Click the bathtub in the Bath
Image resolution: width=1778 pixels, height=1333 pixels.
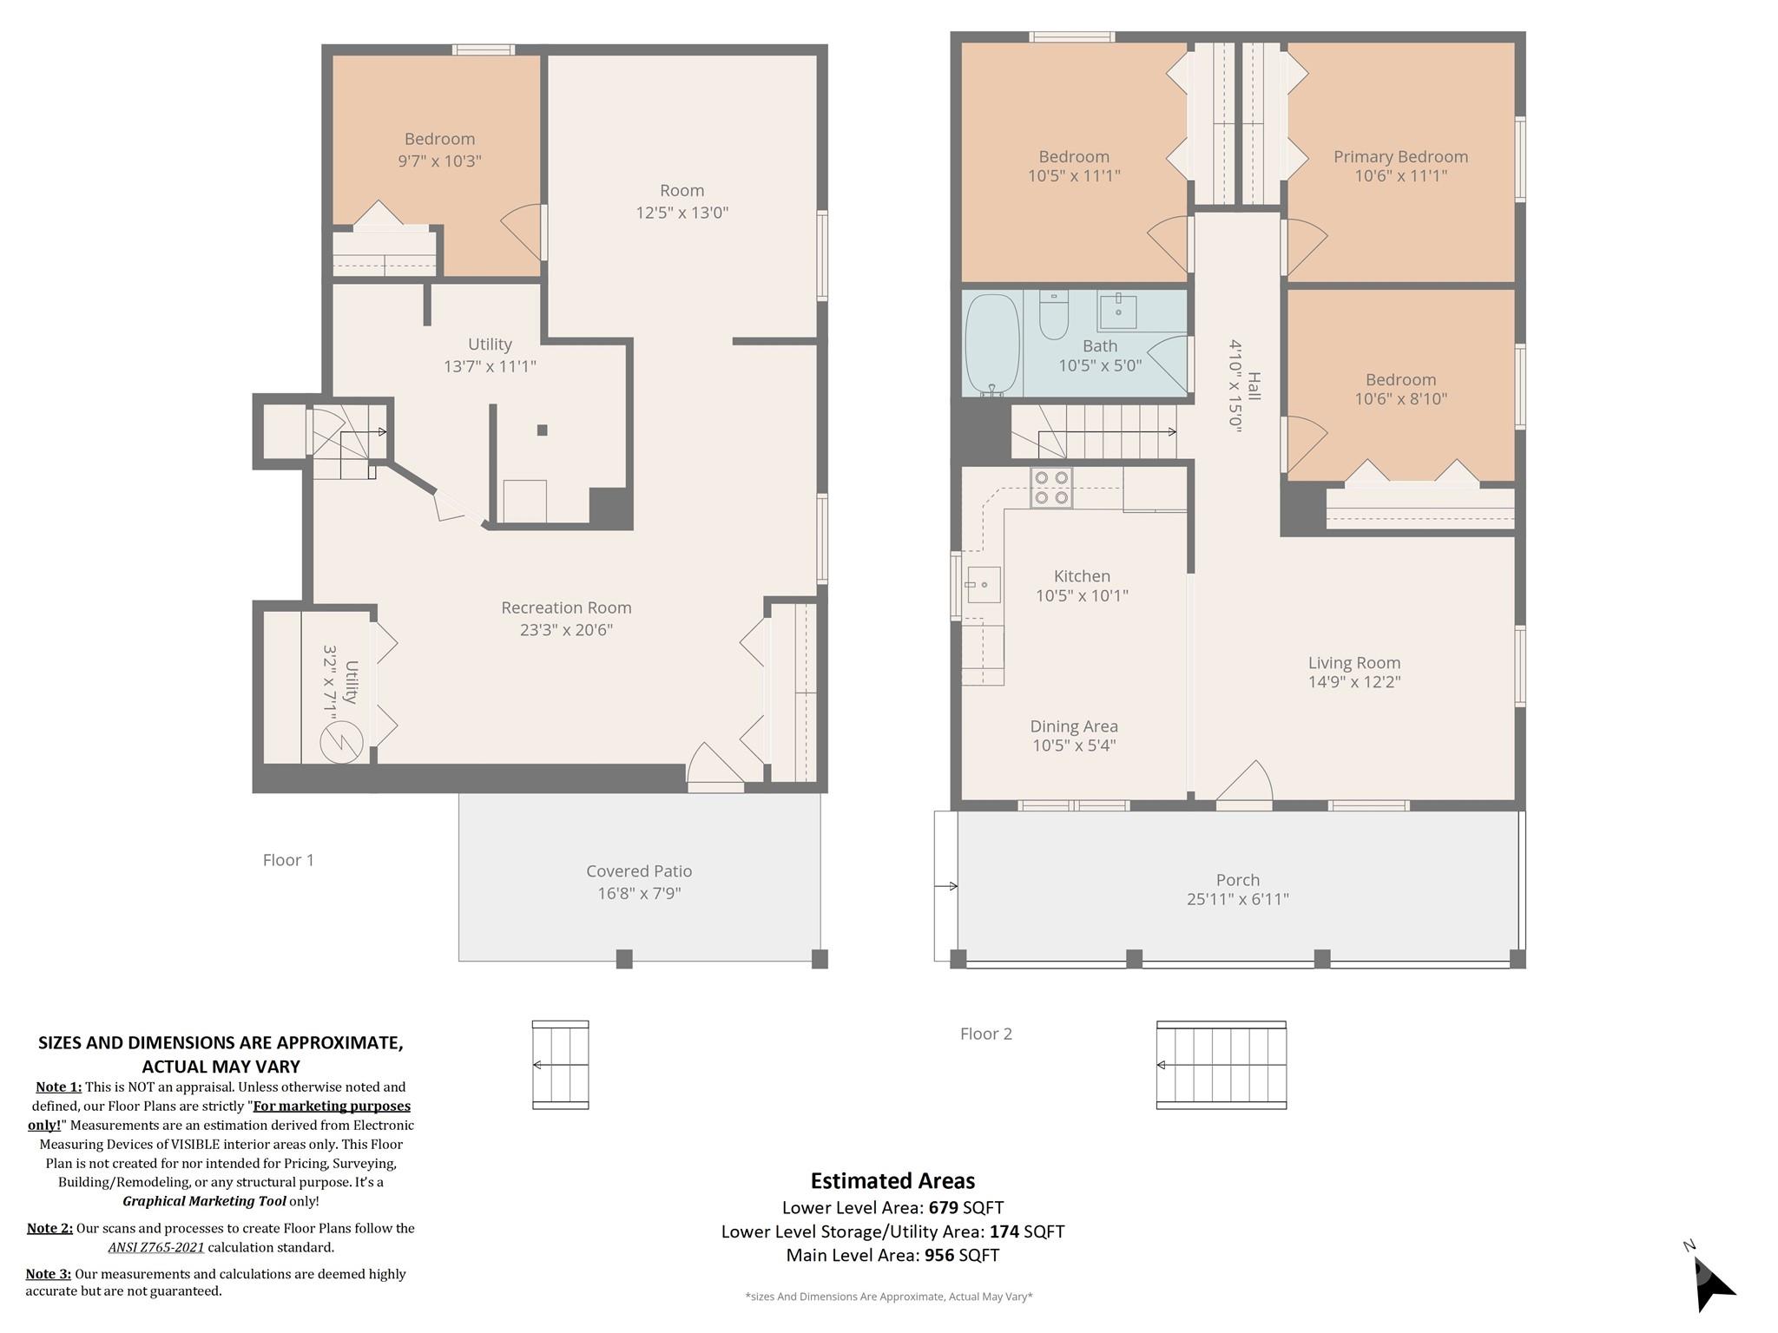point(992,345)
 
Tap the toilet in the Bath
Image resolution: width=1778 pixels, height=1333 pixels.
point(1054,315)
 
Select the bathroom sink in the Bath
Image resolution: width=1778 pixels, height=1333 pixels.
point(1118,311)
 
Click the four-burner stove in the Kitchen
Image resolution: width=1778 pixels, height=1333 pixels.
point(1051,488)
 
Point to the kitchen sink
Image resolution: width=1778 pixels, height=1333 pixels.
point(983,585)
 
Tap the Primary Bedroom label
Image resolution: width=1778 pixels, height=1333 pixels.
point(1400,157)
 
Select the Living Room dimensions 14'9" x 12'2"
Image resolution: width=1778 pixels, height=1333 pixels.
point(1354,682)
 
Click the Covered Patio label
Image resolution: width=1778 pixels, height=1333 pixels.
point(639,871)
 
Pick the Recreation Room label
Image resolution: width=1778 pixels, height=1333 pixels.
point(566,608)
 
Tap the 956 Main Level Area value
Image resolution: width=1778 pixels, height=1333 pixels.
point(939,1255)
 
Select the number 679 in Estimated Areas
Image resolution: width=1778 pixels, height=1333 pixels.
point(945,1207)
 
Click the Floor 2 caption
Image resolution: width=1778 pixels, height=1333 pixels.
point(986,1034)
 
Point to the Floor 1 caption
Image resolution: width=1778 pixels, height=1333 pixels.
point(288,860)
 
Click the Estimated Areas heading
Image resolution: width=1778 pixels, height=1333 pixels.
point(892,1180)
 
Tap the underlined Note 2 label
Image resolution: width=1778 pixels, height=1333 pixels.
point(49,1228)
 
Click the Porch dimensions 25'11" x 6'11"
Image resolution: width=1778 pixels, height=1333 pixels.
point(1237,899)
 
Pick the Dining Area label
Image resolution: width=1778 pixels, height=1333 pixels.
point(1074,726)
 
